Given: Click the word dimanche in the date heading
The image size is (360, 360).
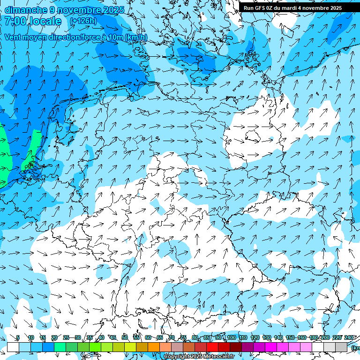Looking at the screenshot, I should pyautogui.click(x=25, y=10).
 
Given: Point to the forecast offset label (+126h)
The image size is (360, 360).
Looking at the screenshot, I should pyautogui.click(x=82, y=21).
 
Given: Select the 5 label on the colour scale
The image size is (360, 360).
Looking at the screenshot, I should pyautogui.click(x=18, y=337).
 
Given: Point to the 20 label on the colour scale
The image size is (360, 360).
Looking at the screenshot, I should pyautogui.click(x=54, y=337).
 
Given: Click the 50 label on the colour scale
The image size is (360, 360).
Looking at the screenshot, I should pyautogui.click(x=125, y=337).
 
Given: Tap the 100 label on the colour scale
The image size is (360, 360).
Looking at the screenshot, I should pyautogui.click(x=231, y=337).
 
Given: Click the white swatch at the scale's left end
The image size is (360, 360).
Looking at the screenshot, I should pyautogui.click(x=13, y=347).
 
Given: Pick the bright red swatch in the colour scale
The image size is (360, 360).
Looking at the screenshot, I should pyautogui.click(x=212, y=347).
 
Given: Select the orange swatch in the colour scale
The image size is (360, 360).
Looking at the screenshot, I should pyautogui.click(x=154, y=347).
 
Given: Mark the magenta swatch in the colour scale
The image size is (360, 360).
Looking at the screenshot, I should pyautogui.click(x=271, y=347).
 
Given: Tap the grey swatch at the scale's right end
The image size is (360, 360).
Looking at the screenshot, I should pyautogui.click(x=341, y=347).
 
